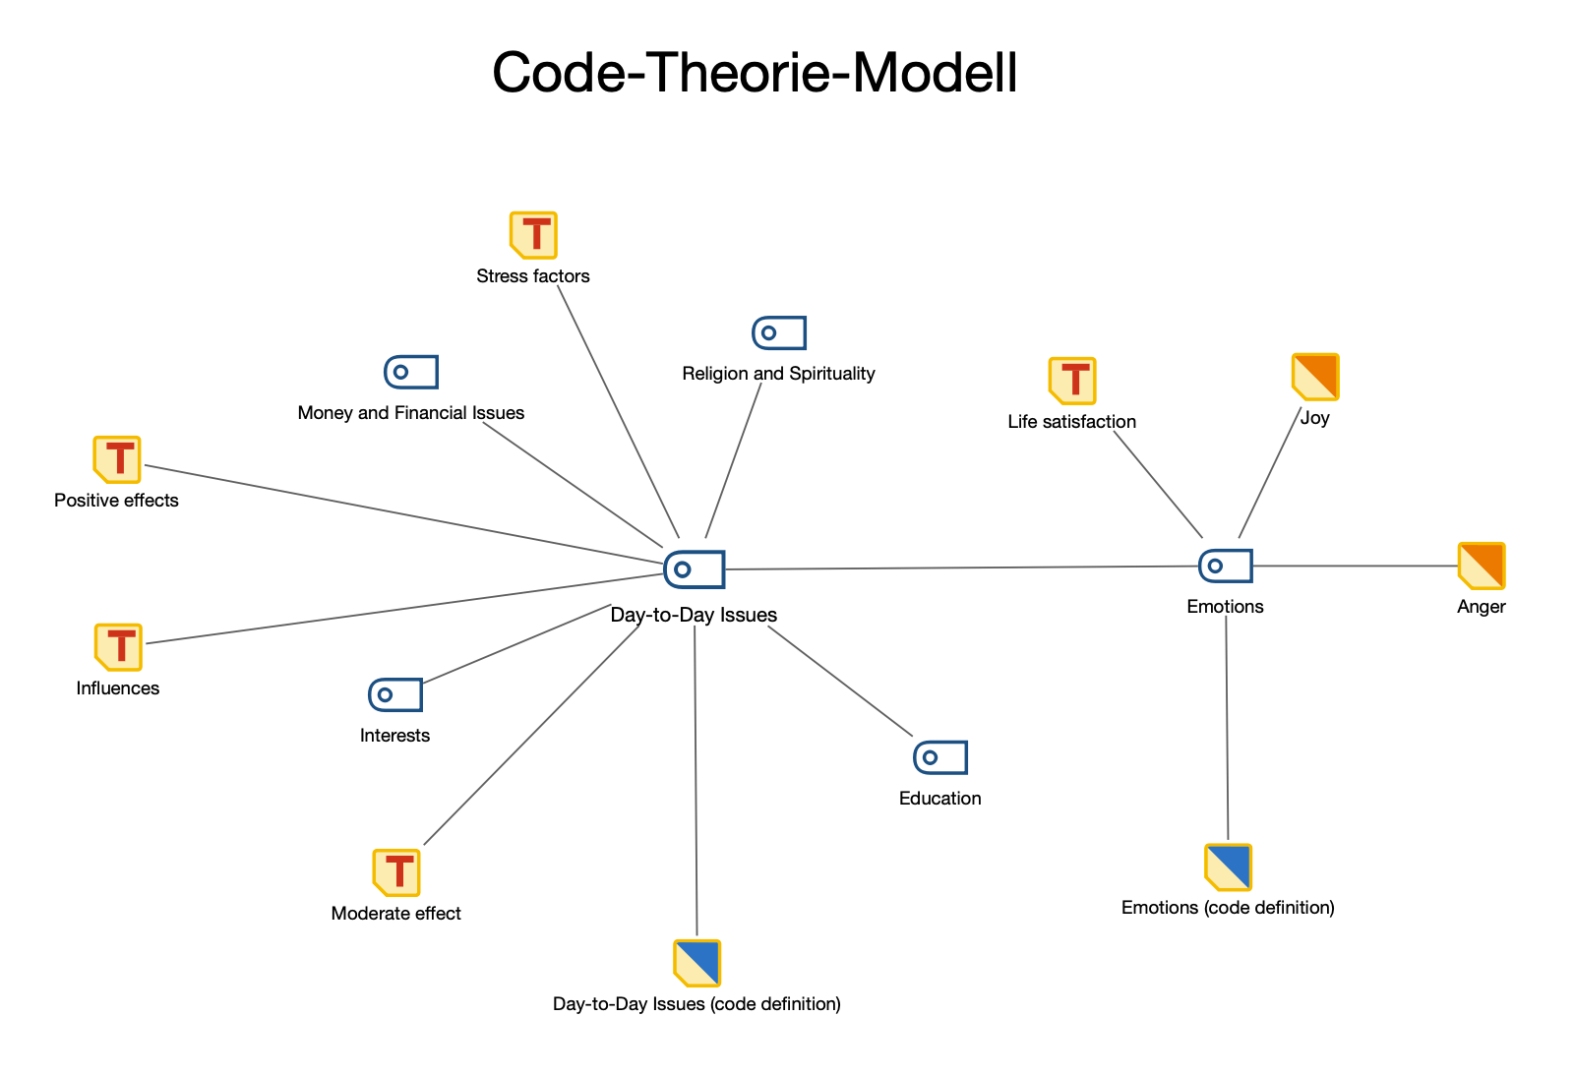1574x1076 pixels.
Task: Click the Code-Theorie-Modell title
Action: pyautogui.click(x=755, y=73)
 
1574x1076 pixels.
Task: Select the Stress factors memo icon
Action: pyautogui.click(x=533, y=235)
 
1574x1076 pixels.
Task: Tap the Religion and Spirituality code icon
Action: pyautogui.click(x=779, y=333)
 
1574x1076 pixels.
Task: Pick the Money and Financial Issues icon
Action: pyautogui.click(x=410, y=372)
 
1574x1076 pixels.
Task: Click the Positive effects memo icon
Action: pyautogui.click(x=117, y=459)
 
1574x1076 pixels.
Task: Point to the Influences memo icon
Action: pyautogui.click(x=118, y=646)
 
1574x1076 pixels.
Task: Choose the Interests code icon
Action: pyautogui.click(x=395, y=694)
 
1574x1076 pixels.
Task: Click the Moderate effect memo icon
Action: pyautogui.click(x=396, y=872)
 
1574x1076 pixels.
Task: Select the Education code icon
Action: pyautogui.click(x=940, y=757)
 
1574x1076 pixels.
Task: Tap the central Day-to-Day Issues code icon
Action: pyautogui.click(x=695, y=568)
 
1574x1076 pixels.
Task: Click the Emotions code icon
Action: pyautogui.click(x=1226, y=566)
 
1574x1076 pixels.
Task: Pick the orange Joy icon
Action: pyautogui.click(x=1315, y=378)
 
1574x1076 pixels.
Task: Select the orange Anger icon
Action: pyautogui.click(x=1482, y=566)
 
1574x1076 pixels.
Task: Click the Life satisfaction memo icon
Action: pyautogui.click(x=1072, y=381)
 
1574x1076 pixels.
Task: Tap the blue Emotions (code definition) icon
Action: pyautogui.click(x=1228, y=867)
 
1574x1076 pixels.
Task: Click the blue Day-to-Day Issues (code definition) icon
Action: pyautogui.click(x=697, y=963)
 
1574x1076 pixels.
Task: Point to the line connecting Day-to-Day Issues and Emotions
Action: pyautogui.click(x=960, y=568)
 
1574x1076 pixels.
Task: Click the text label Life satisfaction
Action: pyautogui.click(x=1072, y=422)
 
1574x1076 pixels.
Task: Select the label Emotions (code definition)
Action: pyautogui.click(x=1228, y=908)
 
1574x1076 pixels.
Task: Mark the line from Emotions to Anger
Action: pyautogui.click(x=1355, y=566)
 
